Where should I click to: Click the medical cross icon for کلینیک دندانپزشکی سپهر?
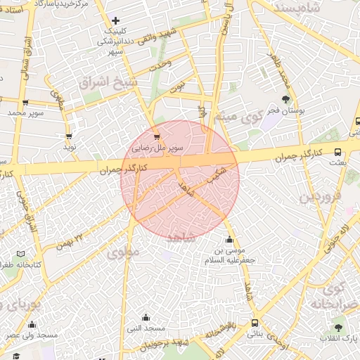[116, 20]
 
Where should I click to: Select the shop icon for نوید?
[69, 136]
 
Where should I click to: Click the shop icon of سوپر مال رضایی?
[156, 136]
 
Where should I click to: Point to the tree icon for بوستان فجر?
[285, 99]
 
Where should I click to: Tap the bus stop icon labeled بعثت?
[338, 151]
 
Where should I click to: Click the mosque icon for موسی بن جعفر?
[229, 239]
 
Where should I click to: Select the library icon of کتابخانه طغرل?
[20, 253]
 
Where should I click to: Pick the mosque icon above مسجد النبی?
[146, 317]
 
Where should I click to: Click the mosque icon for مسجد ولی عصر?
[32, 324]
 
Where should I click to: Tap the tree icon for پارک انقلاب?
[339, 328]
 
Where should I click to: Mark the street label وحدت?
[160, 64]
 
